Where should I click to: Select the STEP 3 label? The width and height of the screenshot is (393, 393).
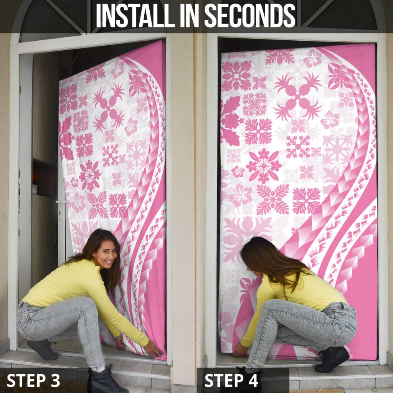(33, 380)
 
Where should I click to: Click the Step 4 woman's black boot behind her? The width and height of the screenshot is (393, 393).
(332, 359)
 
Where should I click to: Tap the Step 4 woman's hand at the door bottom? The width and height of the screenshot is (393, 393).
(240, 349)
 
